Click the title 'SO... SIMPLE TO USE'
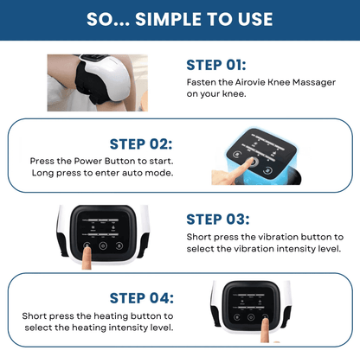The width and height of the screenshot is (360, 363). click(179, 20)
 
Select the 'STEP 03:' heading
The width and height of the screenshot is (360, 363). click(217, 219)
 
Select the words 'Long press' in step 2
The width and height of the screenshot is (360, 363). click(83, 172)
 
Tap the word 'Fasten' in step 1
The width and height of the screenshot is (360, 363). click(201, 82)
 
